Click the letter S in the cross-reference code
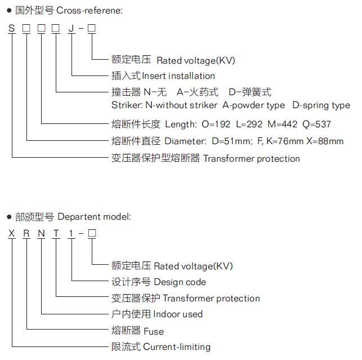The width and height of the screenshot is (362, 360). (12, 28)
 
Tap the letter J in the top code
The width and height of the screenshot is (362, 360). (71, 28)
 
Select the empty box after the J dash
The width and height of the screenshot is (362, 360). (92, 28)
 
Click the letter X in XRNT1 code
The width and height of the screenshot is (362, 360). (12, 233)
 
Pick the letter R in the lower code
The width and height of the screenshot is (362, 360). (26, 233)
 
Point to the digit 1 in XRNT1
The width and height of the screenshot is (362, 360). (71, 233)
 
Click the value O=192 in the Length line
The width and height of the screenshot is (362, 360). (216, 125)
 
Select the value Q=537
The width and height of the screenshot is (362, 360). (316, 125)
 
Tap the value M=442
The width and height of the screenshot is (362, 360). (283, 125)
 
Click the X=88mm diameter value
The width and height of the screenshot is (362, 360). (325, 141)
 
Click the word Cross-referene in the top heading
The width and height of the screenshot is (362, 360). (90, 10)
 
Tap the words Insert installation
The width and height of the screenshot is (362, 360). (178, 76)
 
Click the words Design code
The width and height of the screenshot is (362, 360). (180, 282)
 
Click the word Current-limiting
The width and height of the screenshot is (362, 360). (177, 347)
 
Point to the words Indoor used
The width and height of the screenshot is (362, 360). (178, 314)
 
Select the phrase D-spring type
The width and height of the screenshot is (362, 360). (321, 105)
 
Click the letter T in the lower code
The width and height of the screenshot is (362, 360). (56, 233)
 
